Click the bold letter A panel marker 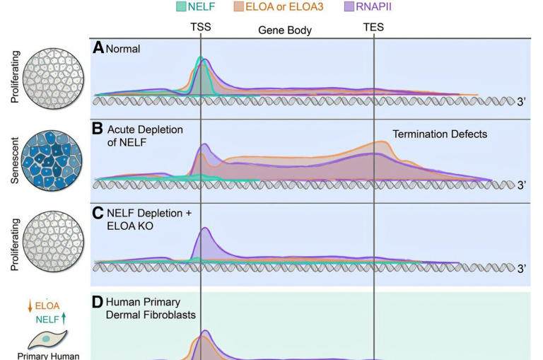[99, 49]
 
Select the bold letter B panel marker [99, 130]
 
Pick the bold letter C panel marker [99, 213]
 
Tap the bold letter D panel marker [99, 302]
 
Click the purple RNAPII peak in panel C [205, 240]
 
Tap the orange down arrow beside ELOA [29, 306]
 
